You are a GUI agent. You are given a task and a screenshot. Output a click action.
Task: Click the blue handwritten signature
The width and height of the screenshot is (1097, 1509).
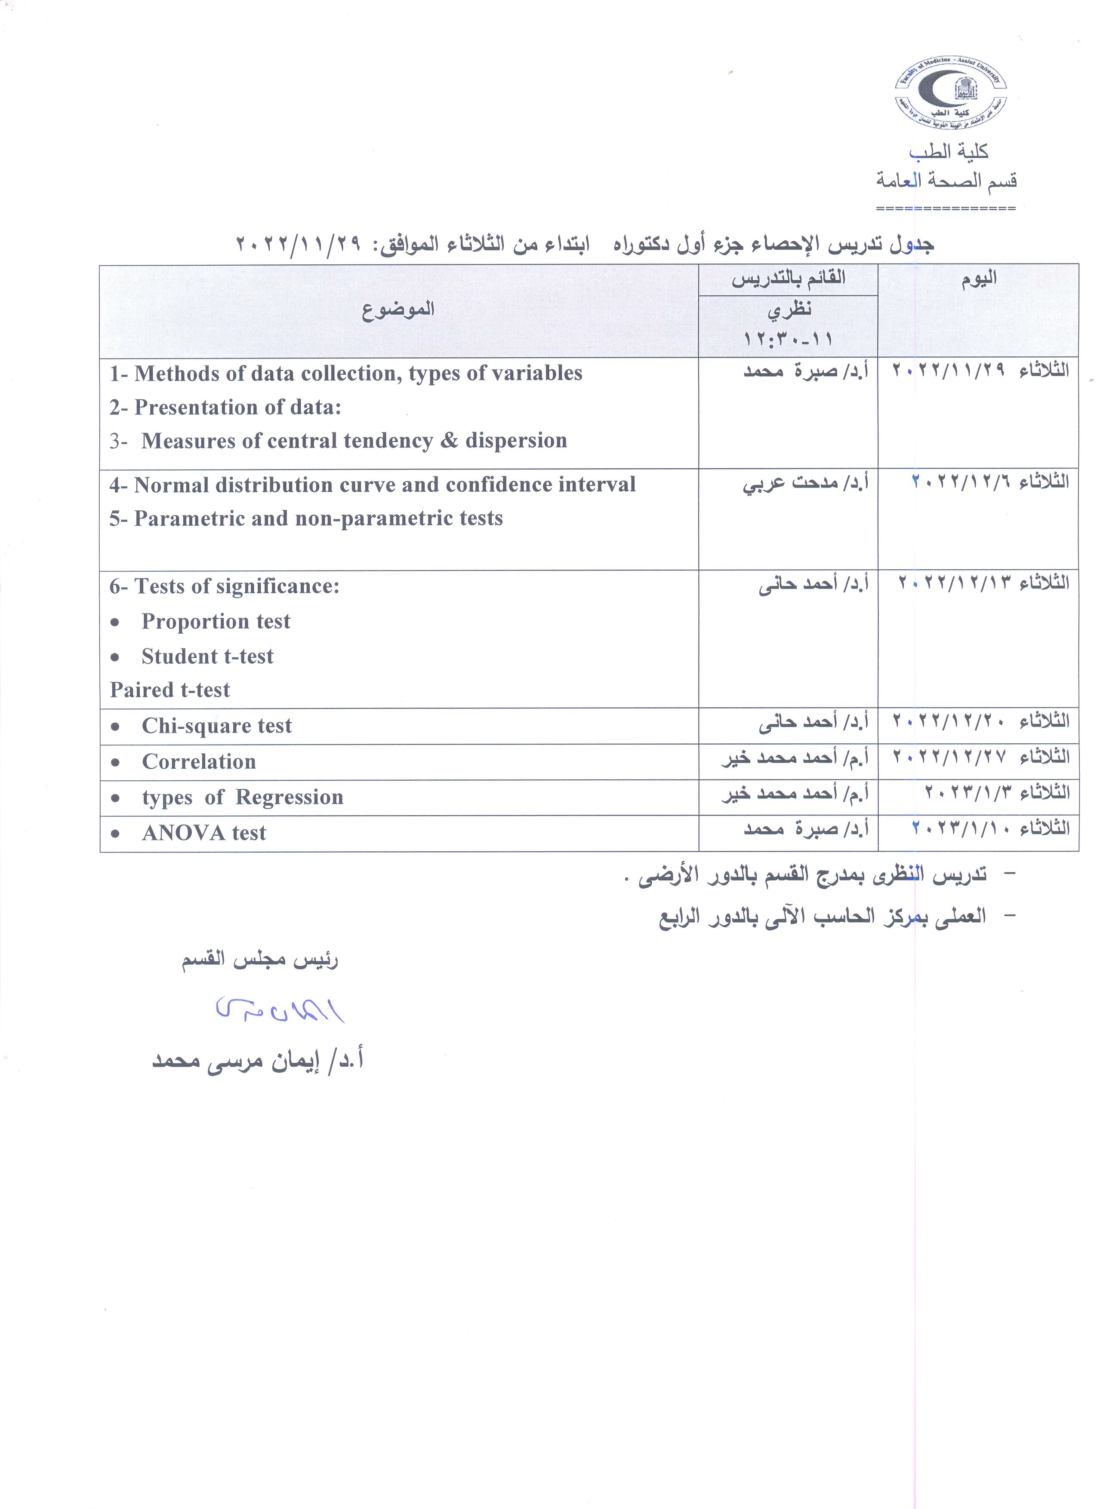[x=280, y=1011]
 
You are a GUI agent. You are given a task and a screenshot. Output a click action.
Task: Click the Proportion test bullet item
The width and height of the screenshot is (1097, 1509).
[x=216, y=621]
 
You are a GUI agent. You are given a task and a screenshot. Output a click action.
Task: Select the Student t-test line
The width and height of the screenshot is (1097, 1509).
[x=207, y=657]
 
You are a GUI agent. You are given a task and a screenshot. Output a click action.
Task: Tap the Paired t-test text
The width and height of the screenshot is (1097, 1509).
[x=170, y=690]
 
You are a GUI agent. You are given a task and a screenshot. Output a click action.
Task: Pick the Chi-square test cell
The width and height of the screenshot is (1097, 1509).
[x=216, y=726]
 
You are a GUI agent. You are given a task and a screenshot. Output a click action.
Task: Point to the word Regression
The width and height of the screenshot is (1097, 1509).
[x=289, y=797]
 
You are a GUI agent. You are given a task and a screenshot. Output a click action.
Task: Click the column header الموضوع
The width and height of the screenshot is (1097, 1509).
[x=398, y=310]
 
